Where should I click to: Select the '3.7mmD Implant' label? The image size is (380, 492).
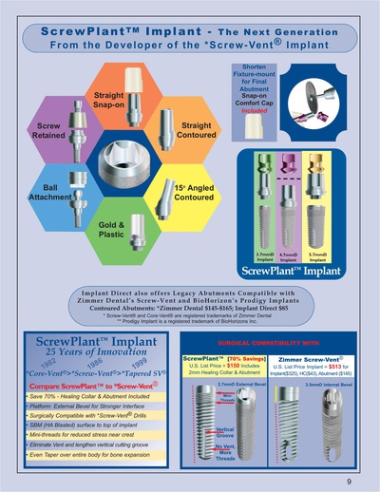coord(266,256)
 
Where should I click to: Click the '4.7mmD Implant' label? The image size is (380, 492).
coord(291,256)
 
